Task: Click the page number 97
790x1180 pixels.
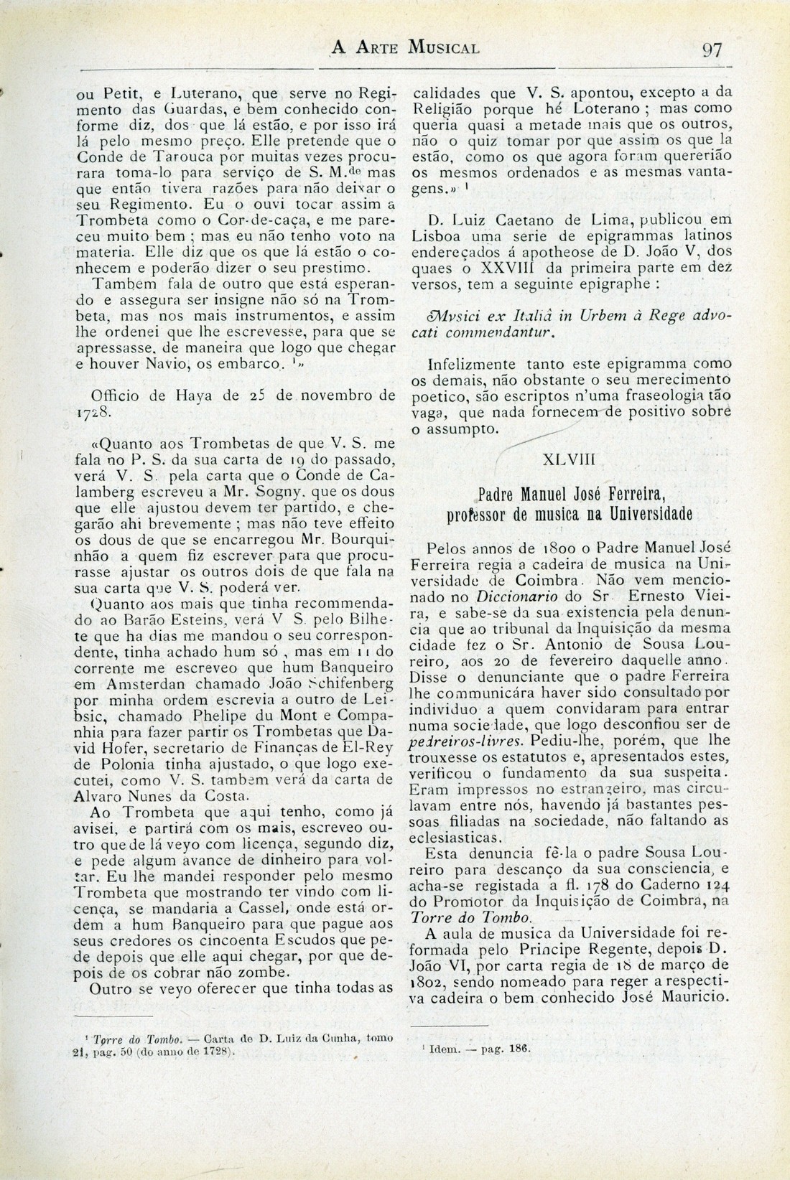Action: point(712,50)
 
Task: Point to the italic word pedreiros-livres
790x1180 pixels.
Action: point(460,741)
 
